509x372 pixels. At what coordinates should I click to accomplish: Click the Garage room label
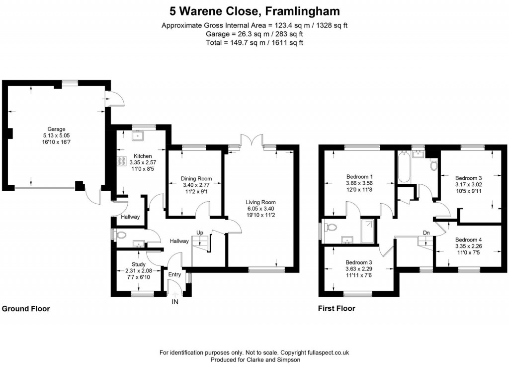56,129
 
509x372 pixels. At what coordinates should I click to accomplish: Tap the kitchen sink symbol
136,135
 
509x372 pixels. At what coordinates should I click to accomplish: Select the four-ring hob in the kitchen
121,161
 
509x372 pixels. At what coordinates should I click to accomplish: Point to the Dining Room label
196,179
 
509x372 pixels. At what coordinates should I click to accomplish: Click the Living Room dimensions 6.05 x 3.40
260,209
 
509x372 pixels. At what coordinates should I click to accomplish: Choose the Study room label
139,264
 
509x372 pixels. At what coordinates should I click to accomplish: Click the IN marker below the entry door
175,302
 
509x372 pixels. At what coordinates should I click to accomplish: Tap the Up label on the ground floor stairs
200,233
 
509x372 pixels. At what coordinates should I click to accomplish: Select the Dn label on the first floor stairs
426,233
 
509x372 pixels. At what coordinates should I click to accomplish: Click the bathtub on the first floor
403,168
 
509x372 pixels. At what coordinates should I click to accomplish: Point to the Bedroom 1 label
360,177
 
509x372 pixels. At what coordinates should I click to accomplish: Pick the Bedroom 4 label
468,240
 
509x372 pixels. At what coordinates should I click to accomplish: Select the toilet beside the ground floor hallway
120,234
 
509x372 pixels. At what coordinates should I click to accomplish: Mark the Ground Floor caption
26,309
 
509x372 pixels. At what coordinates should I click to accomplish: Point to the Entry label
174,275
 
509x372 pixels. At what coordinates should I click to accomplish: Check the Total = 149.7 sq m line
254,43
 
